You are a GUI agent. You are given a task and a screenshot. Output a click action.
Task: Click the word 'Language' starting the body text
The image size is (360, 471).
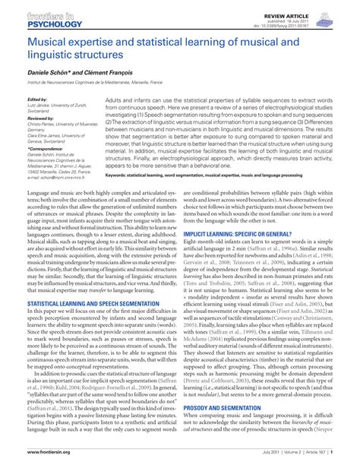click(39, 194)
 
